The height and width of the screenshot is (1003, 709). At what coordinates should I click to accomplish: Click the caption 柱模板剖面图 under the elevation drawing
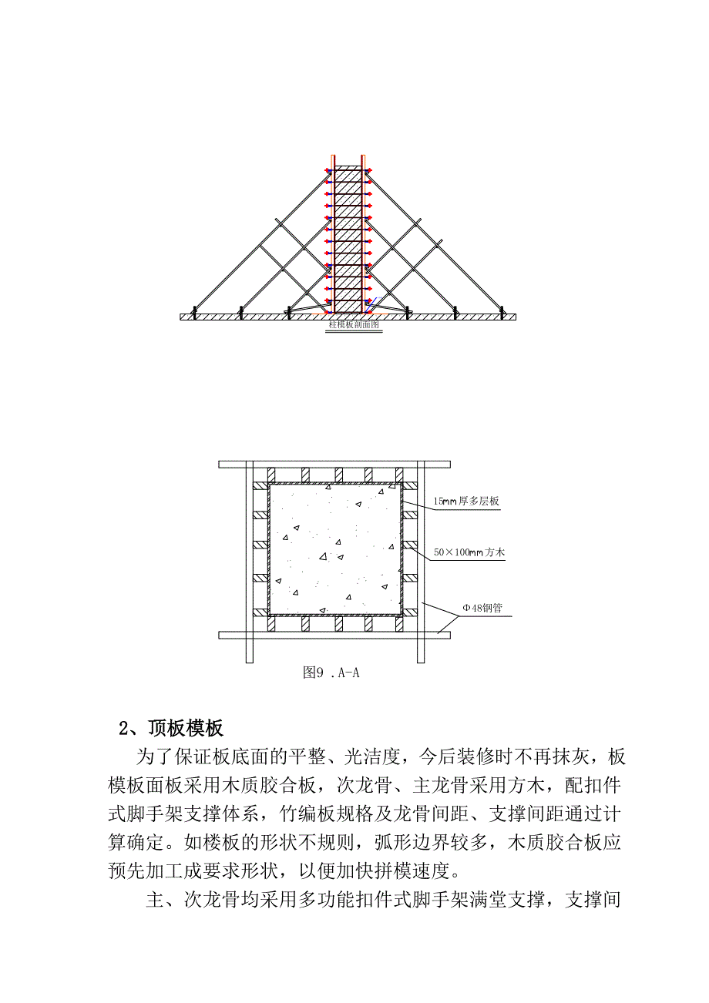(354, 325)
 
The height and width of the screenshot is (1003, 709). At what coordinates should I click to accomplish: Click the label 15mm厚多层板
(466, 501)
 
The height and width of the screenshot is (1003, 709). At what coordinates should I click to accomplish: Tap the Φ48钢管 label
(482, 608)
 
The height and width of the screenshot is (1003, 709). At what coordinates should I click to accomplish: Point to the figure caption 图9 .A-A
(331, 673)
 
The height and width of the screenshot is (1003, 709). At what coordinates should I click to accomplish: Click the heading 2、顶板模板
(170, 728)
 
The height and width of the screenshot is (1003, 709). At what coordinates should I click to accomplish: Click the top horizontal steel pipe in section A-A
(334, 464)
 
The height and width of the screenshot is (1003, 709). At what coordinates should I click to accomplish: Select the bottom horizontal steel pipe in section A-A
(334, 635)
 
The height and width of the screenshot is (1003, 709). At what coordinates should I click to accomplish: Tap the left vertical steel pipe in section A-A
(249, 562)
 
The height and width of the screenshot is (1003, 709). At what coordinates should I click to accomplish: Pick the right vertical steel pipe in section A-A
(421, 562)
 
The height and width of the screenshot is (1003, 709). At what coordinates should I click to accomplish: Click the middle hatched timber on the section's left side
(259, 546)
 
